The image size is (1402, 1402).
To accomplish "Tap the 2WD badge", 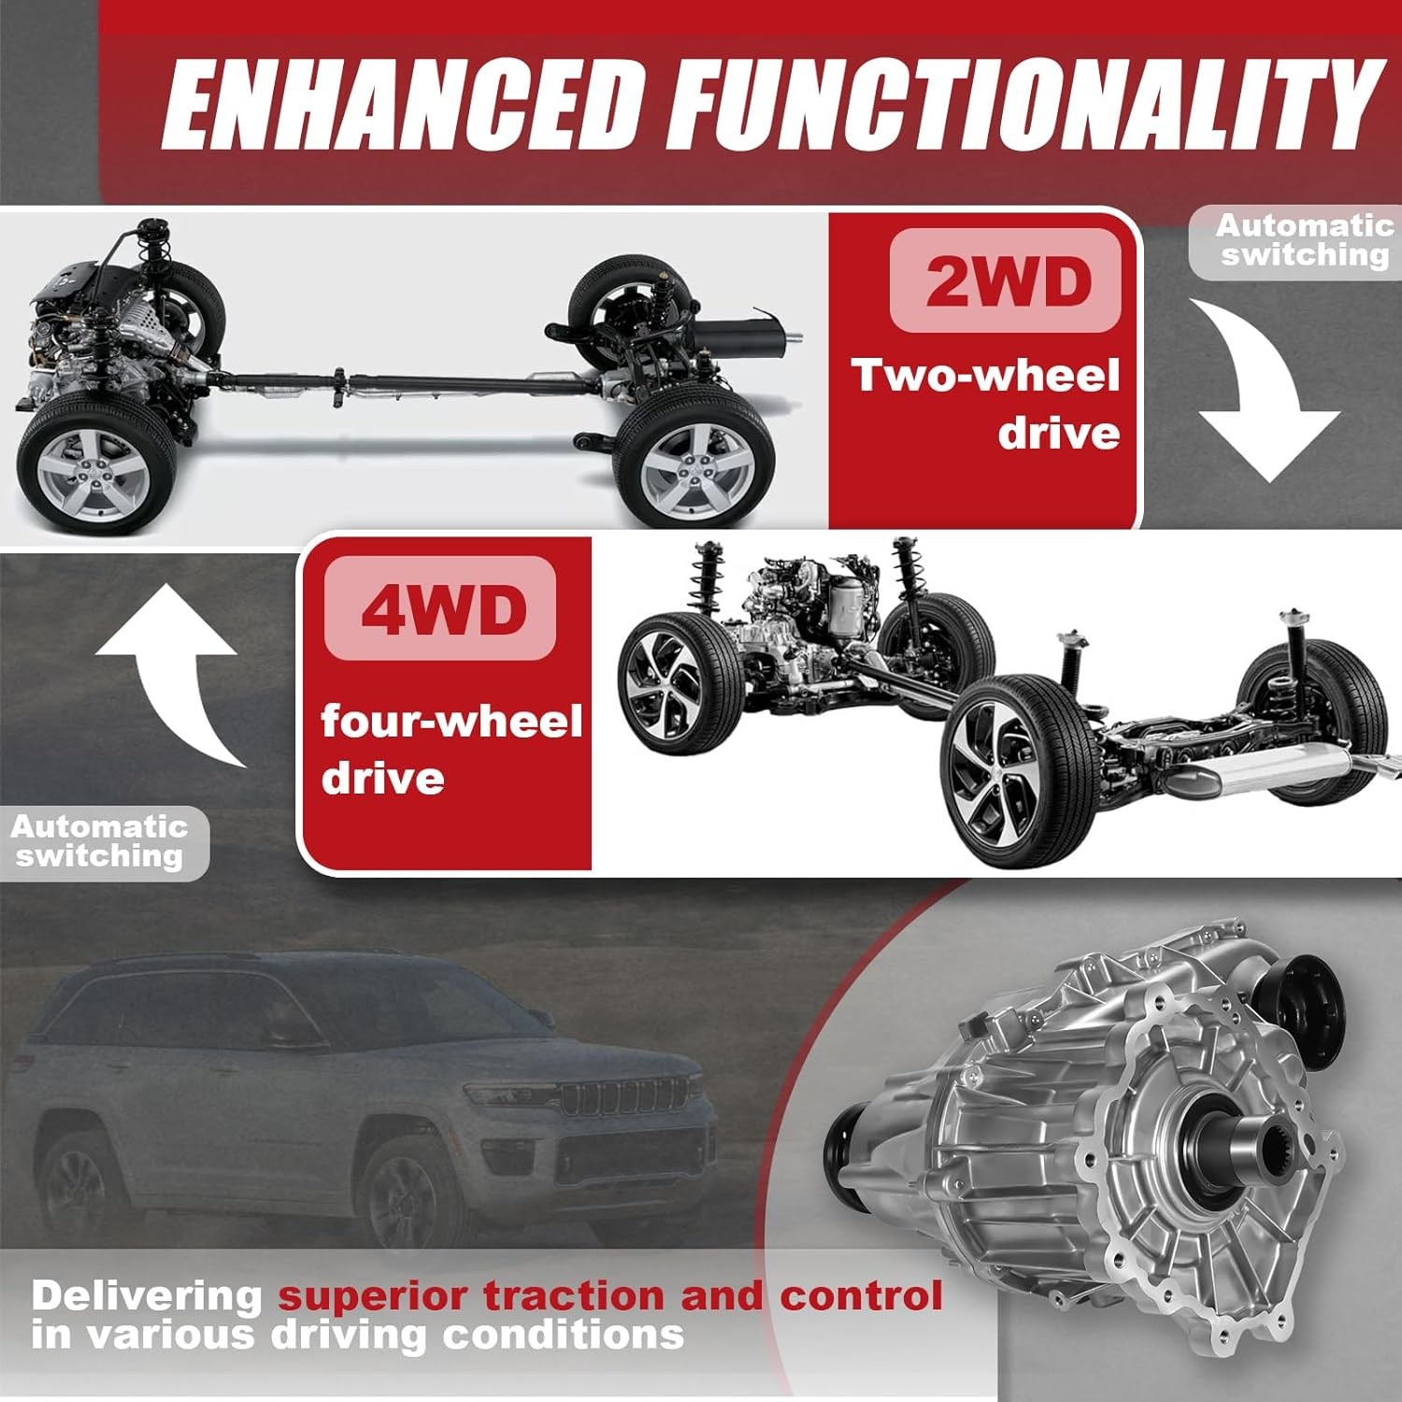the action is [1006, 280].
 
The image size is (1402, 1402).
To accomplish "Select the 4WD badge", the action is [440, 609].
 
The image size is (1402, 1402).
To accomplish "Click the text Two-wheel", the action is [985, 376].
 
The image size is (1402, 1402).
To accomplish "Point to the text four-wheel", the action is [451, 722].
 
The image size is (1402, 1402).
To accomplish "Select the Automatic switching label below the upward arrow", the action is [100, 841].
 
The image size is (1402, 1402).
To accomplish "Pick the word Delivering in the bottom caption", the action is [147, 1297].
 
